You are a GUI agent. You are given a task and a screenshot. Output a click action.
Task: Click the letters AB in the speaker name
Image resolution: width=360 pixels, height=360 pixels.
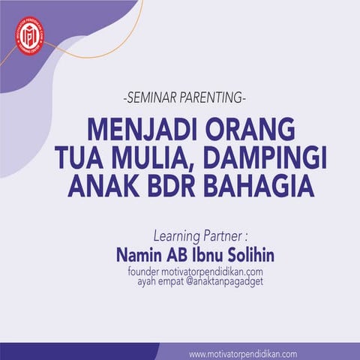point(178,255)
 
